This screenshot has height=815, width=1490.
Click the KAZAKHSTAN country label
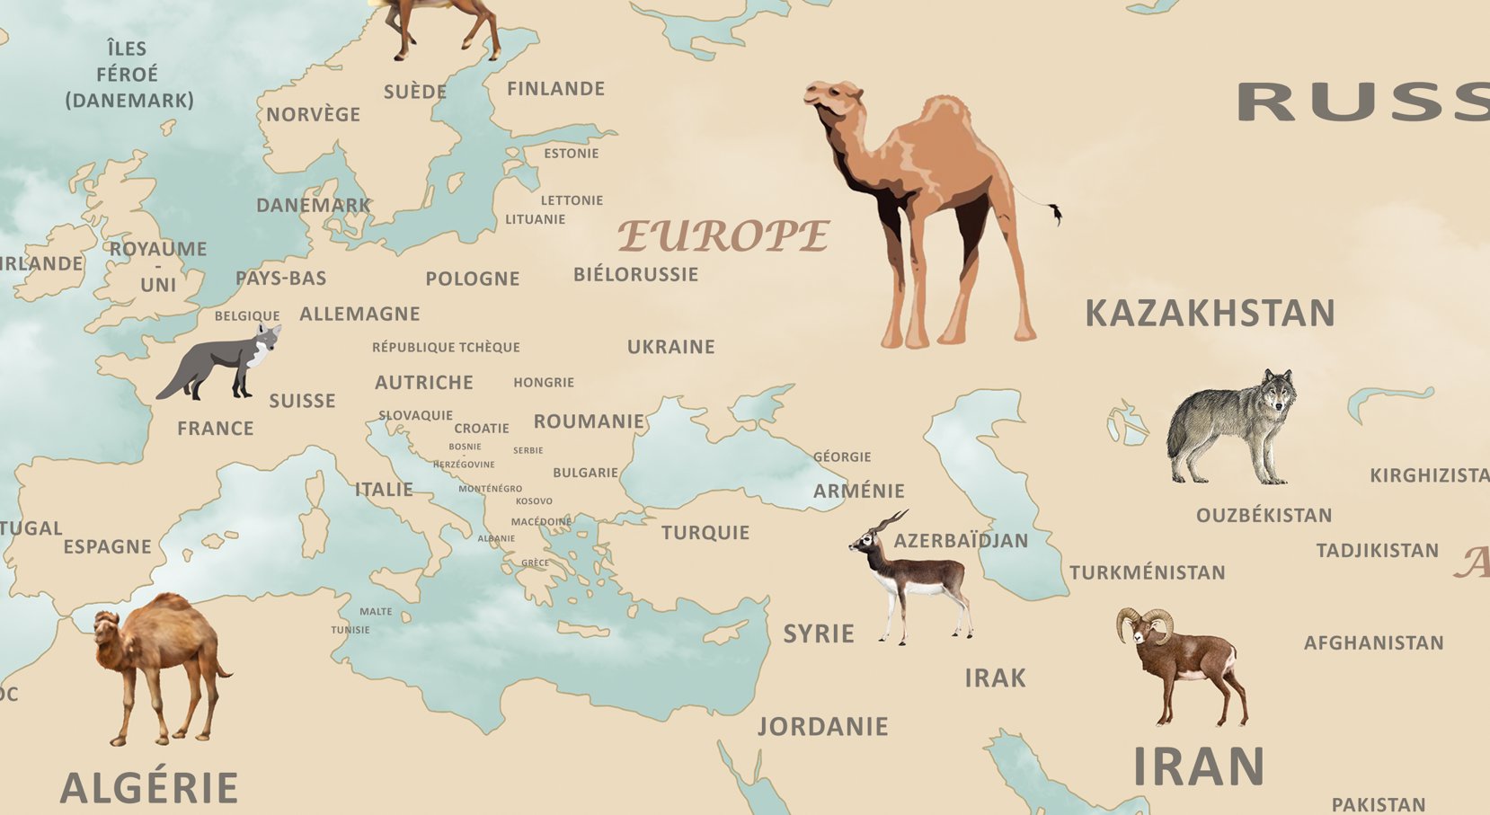tap(1210, 314)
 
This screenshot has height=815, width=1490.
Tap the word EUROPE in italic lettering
tap(723, 236)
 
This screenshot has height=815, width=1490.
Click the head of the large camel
tap(832, 97)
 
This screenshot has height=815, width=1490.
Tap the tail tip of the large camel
tap(1056, 214)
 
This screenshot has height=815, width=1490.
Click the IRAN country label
tap(1199, 767)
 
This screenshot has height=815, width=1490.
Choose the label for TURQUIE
tap(705, 533)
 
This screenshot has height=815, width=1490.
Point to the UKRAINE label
tap(671, 347)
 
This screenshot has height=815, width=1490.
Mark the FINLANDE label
tap(555, 89)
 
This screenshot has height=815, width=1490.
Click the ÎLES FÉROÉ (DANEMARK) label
tap(129, 75)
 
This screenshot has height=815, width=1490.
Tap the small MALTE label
tap(376, 612)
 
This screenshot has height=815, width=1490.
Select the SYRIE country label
tap(819, 633)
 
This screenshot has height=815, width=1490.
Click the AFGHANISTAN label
tap(1373, 642)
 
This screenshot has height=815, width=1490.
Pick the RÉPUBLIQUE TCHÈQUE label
tap(446, 348)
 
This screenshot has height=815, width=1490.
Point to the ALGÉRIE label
tap(149, 788)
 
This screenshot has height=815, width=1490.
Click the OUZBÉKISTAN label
tap(1264, 516)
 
